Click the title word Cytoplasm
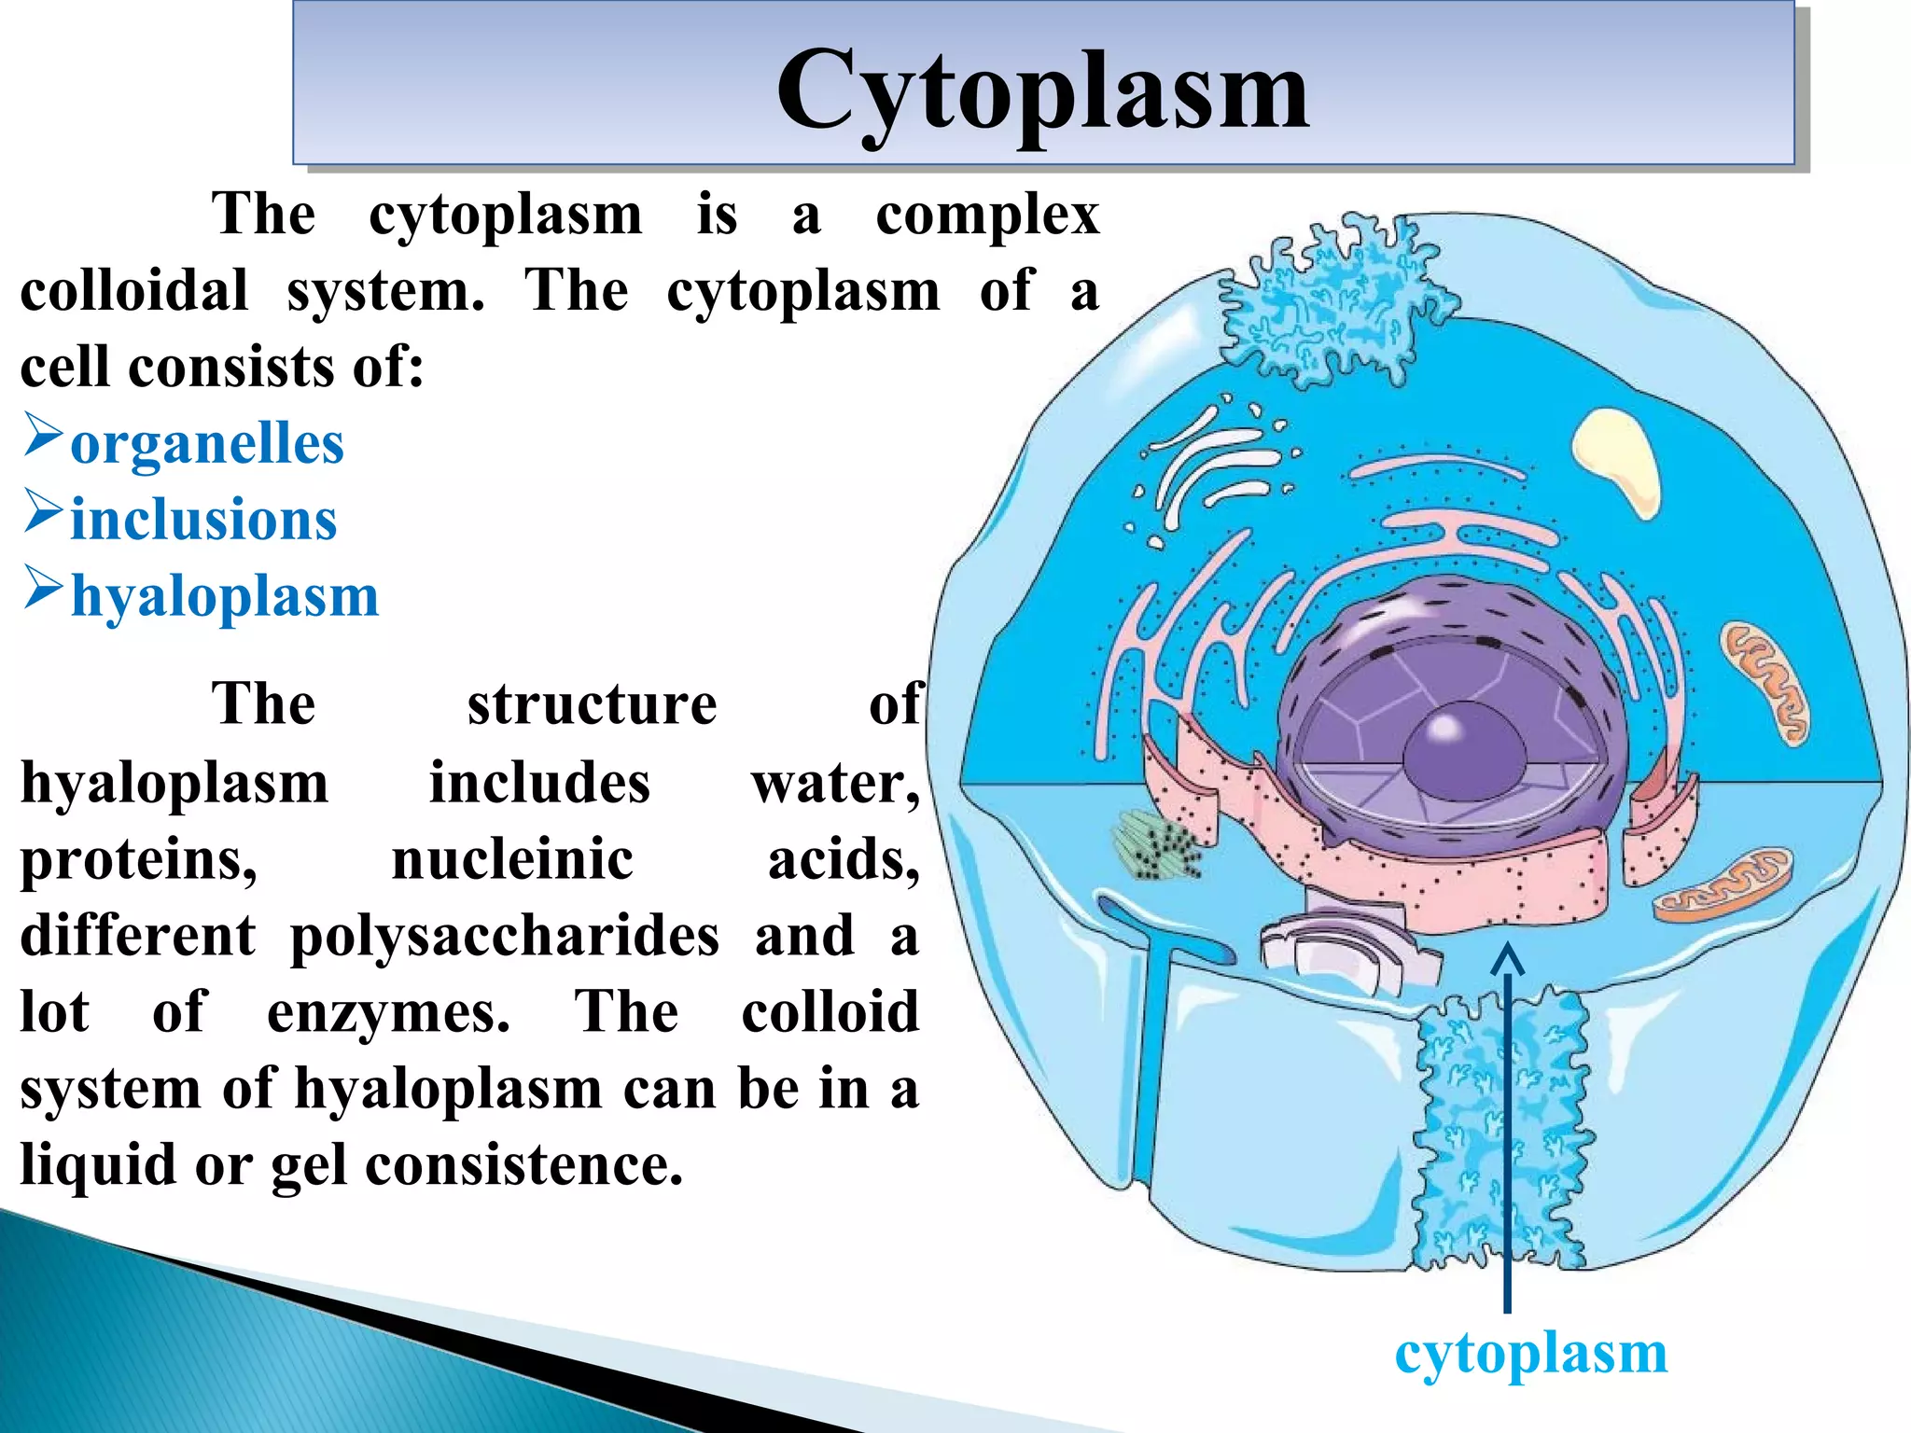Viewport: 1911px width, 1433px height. coord(1042,90)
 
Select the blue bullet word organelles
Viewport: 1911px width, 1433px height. coord(207,443)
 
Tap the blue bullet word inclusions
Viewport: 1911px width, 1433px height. coord(203,520)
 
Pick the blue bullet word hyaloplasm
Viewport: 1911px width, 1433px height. coord(225,596)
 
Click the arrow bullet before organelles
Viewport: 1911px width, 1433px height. coord(43,436)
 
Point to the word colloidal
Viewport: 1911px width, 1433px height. coord(134,290)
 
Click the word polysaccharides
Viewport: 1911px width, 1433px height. coord(504,936)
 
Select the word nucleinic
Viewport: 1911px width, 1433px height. coord(512,859)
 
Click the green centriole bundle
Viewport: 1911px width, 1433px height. coord(1155,845)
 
